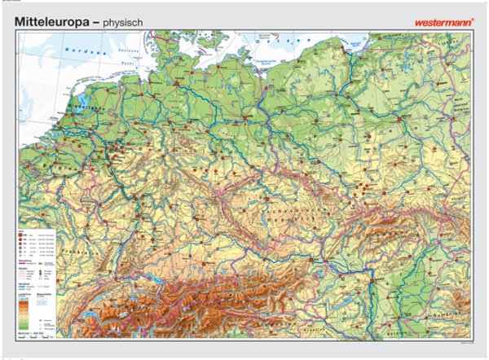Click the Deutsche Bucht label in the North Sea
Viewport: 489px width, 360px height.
122,61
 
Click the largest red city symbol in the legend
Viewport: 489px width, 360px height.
28,234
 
